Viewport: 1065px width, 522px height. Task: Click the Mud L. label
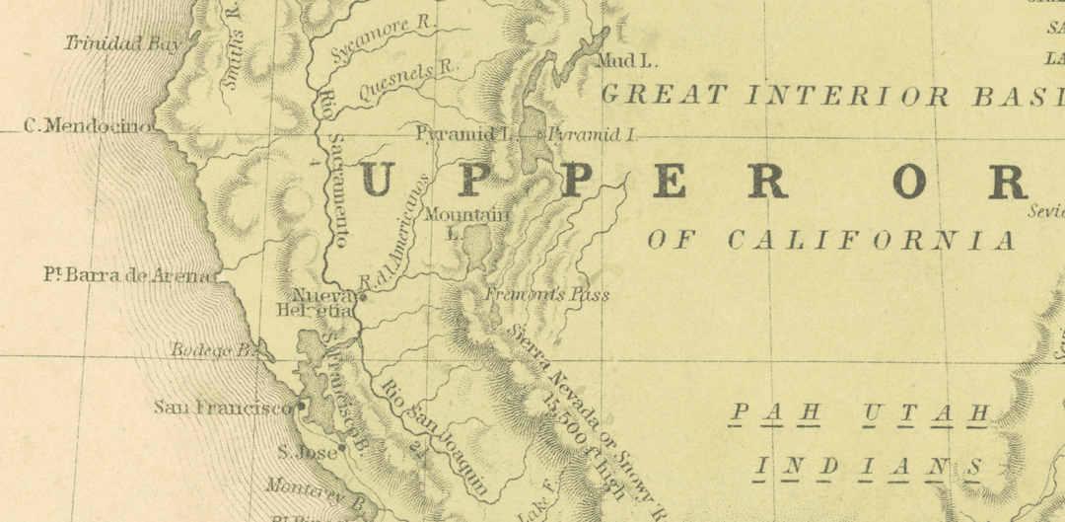pos(626,61)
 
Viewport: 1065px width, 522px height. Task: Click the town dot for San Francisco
pos(302,406)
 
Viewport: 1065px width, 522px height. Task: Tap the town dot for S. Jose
pos(341,447)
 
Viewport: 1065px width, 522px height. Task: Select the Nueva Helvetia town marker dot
pos(363,296)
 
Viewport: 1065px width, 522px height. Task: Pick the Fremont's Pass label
pos(547,294)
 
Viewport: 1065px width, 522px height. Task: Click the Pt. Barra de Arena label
pos(128,274)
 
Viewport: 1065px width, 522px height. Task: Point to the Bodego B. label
pos(213,349)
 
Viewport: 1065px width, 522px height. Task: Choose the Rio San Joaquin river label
pos(434,435)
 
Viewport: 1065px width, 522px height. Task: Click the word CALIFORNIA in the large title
pos(873,240)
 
